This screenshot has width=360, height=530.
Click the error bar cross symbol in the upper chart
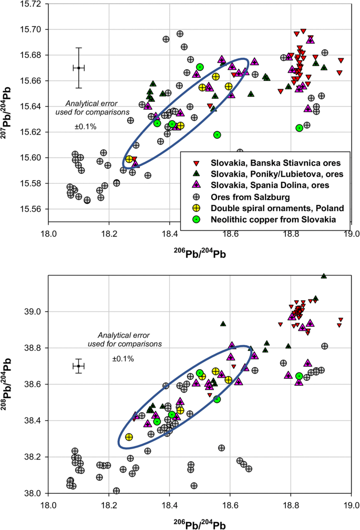78,68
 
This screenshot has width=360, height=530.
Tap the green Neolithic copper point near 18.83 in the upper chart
300,128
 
